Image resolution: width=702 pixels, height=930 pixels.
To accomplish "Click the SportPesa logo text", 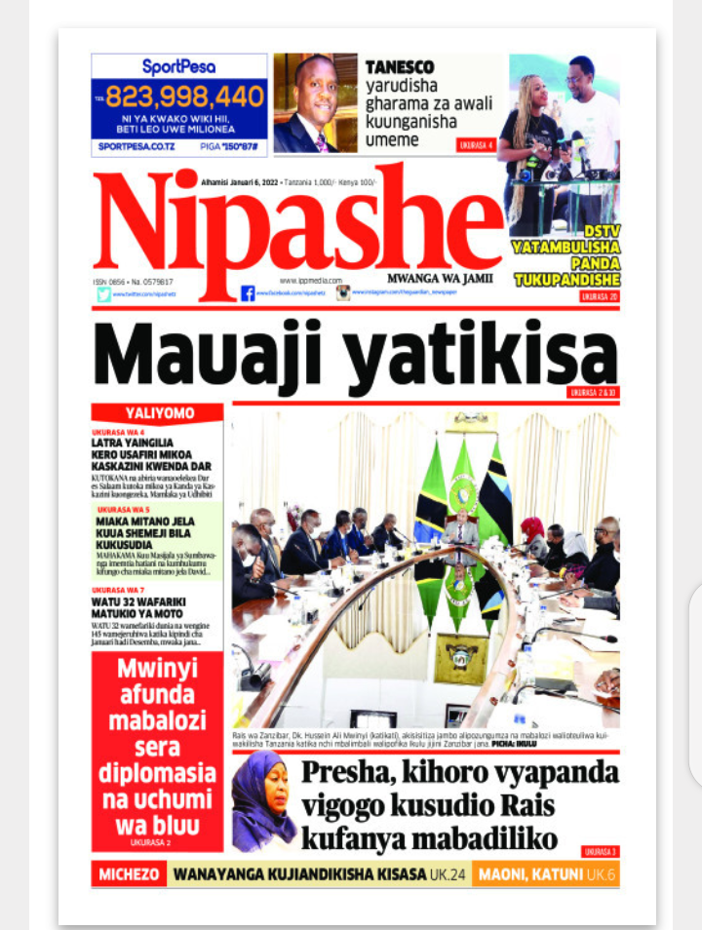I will (x=178, y=66).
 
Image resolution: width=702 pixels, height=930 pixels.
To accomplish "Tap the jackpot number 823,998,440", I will (x=185, y=97).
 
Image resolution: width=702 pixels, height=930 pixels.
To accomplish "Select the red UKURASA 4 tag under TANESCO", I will (x=477, y=145).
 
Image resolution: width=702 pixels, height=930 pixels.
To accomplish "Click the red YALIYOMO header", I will (x=157, y=412).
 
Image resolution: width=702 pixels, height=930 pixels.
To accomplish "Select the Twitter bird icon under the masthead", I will (x=103, y=293).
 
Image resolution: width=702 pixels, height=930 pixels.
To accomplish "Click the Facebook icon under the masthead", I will (x=248, y=293).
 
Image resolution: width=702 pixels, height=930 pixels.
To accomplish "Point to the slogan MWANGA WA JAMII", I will (x=440, y=278).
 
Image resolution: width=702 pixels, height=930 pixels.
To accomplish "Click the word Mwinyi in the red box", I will (x=158, y=670).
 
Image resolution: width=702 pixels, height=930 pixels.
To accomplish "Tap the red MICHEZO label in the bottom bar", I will (x=128, y=874).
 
